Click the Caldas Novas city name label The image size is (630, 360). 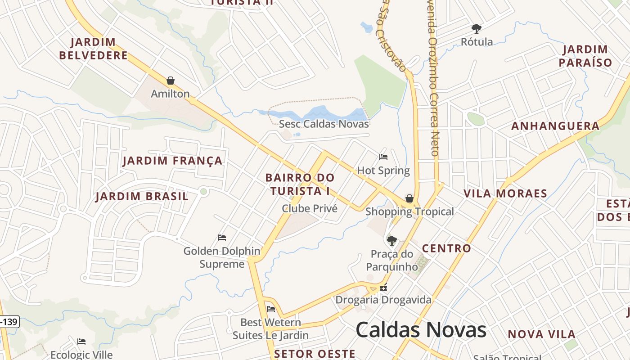point(421,330)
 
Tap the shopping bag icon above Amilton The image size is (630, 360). point(171,81)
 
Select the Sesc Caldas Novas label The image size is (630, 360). point(324,124)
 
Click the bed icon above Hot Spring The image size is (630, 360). point(383,157)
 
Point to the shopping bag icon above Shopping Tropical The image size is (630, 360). point(409,198)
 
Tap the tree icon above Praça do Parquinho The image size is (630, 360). point(392,240)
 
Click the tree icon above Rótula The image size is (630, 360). point(477,29)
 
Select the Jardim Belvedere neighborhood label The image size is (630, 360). point(94,49)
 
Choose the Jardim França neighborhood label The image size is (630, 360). point(172,161)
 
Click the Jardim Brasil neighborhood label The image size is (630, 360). point(142,197)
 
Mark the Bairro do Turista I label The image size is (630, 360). point(300,184)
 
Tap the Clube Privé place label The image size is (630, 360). point(310,208)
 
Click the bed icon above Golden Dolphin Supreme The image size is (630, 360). point(221,237)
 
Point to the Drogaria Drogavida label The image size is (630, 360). point(383,300)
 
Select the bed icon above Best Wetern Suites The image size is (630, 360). point(271,309)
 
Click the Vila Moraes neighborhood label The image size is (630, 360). point(505,194)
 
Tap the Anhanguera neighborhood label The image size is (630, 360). point(555,126)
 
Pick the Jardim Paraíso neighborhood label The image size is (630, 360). point(585,56)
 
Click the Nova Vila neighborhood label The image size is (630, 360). point(542,334)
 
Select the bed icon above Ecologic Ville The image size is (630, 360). point(81,342)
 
